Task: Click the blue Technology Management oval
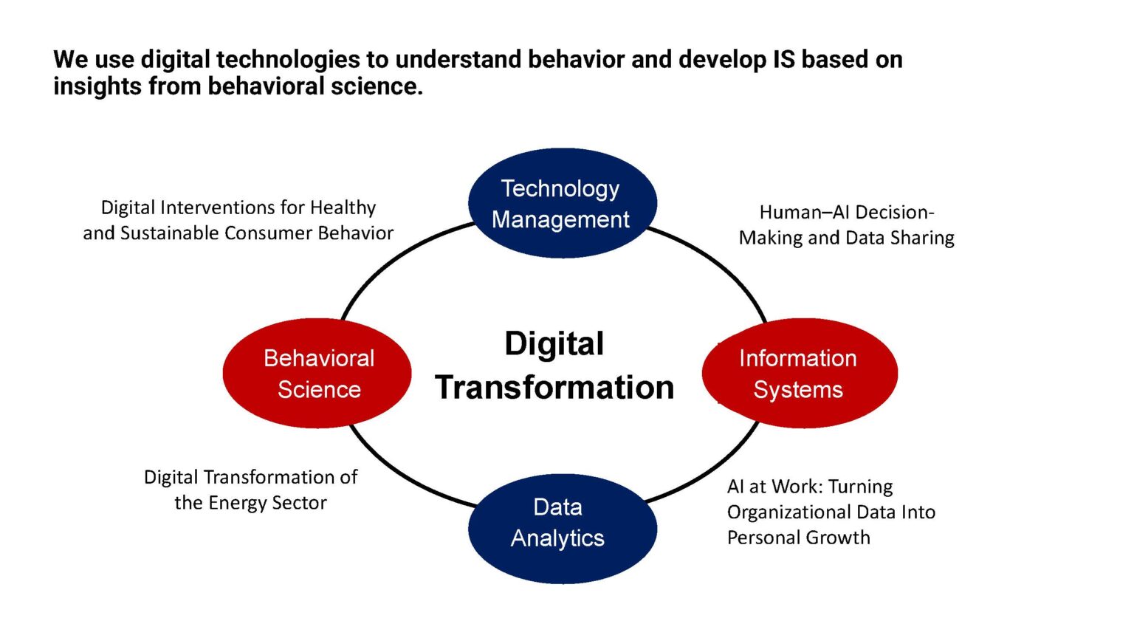[x=562, y=203]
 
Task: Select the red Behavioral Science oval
[x=317, y=374]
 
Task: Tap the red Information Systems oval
[x=799, y=374]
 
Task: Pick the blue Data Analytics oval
[x=562, y=529]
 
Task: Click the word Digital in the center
[x=554, y=344]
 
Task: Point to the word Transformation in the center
[x=554, y=388]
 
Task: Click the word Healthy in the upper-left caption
[x=343, y=207]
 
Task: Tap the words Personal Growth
[x=798, y=538]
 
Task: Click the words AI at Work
[x=774, y=487]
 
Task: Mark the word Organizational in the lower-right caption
[x=786, y=512]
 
